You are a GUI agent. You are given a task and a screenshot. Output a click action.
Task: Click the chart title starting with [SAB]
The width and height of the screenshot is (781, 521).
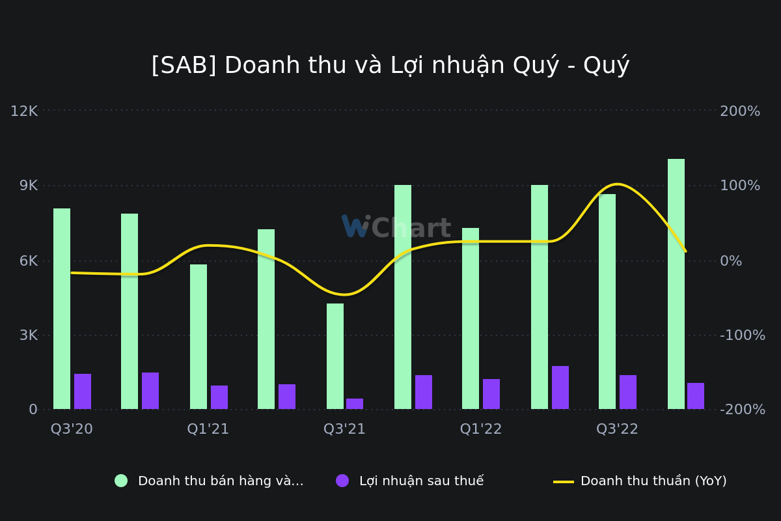click(390, 66)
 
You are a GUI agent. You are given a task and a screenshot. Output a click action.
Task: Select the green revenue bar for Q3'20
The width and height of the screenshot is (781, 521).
click(62, 309)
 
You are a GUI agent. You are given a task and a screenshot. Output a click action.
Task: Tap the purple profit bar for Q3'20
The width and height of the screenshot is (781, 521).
click(83, 391)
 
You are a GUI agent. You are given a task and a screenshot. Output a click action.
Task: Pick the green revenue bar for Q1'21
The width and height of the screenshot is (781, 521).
click(199, 337)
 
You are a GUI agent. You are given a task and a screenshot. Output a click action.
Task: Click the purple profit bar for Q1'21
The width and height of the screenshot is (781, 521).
click(219, 397)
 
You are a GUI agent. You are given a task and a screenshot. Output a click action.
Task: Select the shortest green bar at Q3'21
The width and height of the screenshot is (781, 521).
click(335, 356)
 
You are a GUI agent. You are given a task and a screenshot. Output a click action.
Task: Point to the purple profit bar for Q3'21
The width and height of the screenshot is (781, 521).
click(355, 404)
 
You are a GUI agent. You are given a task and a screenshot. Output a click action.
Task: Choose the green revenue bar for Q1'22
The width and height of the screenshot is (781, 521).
click(471, 318)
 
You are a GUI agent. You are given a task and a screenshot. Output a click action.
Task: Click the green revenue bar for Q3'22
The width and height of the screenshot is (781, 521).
click(607, 302)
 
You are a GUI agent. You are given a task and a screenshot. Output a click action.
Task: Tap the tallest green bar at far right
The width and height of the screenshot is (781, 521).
click(676, 284)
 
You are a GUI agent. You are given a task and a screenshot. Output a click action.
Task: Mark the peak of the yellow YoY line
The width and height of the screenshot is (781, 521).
click(617, 184)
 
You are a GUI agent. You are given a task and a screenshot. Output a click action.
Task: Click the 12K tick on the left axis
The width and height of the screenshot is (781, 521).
click(24, 111)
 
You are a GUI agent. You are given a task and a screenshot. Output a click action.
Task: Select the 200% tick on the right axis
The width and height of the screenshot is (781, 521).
click(740, 111)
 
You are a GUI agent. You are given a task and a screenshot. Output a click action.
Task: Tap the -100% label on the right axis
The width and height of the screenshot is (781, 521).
click(743, 335)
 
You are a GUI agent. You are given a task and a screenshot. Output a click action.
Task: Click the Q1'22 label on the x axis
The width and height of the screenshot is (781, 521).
click(481, 429)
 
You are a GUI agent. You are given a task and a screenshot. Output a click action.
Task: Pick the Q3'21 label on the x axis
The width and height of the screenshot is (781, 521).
click(344, 429)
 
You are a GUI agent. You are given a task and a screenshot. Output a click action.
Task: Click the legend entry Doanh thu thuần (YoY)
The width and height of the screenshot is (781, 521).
click(653, 481)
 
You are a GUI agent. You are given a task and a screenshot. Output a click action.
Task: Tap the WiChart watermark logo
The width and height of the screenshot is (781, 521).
click(396, 228)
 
